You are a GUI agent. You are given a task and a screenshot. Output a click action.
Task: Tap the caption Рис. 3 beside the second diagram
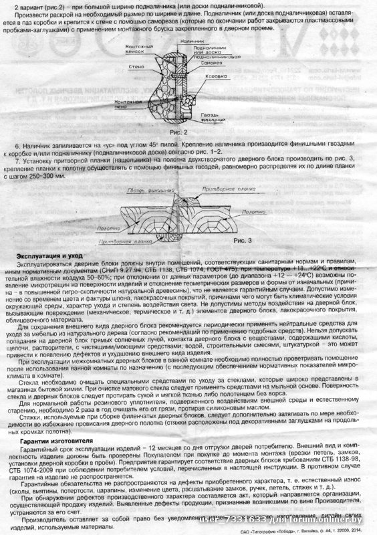click(246, 239)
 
